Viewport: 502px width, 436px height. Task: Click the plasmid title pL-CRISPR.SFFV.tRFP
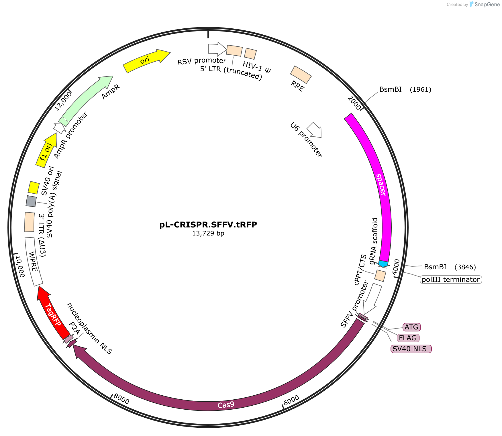pyautogui.click(x=208, y=225)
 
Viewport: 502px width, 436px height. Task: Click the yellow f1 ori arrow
pyautogui.click(x=47, y=150)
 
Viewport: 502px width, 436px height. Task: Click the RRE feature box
pyautogui.click(x=301, y=75)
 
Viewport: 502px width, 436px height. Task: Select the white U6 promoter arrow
pyautogui.click(x=315, y=130)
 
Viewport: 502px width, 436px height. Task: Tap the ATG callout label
pyautogui.click(x=411, y=327)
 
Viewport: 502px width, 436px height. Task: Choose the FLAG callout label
pyautogui.click(x=408, y=338)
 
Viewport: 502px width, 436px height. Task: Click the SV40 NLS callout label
pyautogui.click(x=411, y=349)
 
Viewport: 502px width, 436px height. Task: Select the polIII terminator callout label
pyautogui.click(x=451, y=279)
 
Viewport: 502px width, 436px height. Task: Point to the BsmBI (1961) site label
pyautogui.click(x=405, y=89)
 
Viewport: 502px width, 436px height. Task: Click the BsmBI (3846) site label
pyautogui.click(x=450, y=267)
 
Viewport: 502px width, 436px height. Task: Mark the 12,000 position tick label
pyautogui.click(x=63, y=101)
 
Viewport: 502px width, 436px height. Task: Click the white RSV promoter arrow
pyautogui.click(x=217, y=49)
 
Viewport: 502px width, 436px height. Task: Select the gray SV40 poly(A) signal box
pyautogui.click(x=31, y=201)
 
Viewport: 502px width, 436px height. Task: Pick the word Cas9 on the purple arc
pyautogui.click(x=226, y=405)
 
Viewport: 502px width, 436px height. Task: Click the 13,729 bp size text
pyautogui.click(x=208, y=233)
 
